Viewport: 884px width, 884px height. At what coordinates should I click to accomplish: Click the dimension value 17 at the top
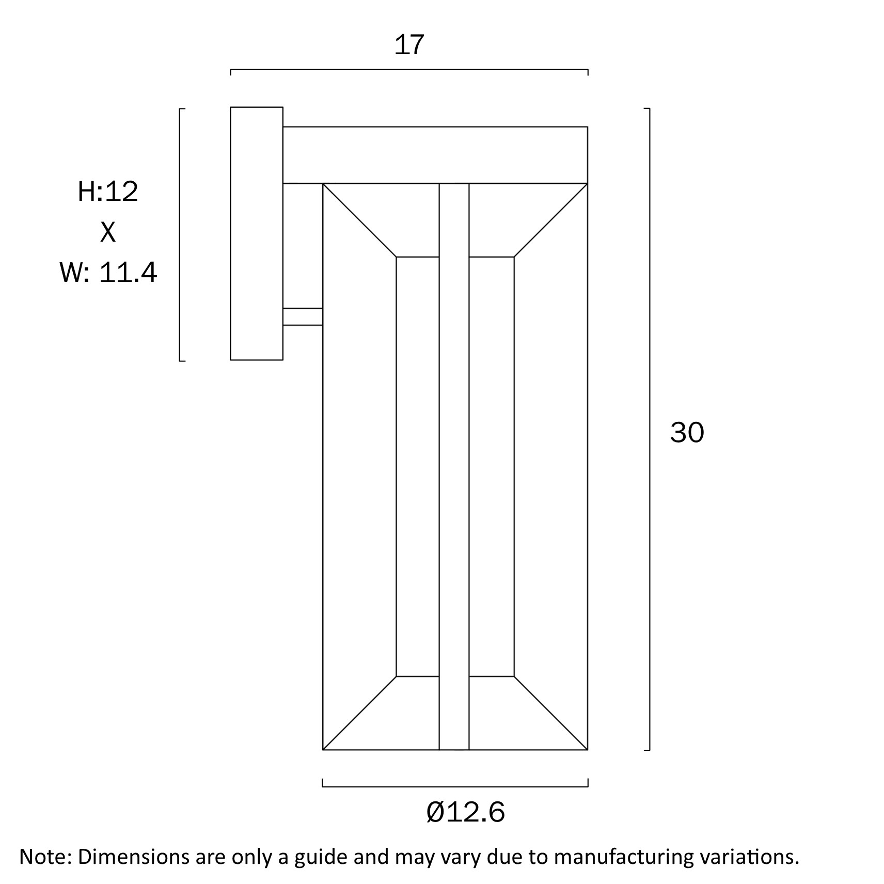(409, 45)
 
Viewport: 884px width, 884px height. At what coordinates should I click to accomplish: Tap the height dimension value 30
(686, 432)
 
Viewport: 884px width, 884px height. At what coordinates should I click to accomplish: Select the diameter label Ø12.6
(465, 812)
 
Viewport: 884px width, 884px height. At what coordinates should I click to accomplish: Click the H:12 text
(108, 192)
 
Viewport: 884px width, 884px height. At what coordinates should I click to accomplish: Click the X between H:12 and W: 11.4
(108, 232)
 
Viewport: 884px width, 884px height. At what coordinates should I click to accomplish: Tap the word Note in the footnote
(44, 857)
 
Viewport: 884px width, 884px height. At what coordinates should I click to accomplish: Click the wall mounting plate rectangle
(256, 233)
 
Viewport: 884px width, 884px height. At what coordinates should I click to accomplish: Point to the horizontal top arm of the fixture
(435, 155)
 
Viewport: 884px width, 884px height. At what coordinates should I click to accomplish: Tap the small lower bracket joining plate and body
(303, 317)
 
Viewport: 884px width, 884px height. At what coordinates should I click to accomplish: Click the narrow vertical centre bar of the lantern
(454, 465)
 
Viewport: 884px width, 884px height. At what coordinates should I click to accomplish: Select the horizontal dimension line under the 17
(409, 69)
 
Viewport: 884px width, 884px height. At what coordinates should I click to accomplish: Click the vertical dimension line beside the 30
(649, 429)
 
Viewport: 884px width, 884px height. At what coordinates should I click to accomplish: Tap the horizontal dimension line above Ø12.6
(455, 787)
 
